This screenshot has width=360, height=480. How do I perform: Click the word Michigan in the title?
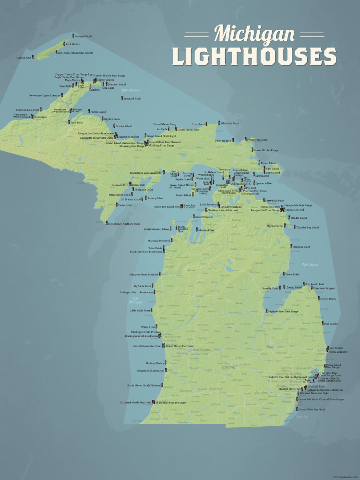[x=254, y=34]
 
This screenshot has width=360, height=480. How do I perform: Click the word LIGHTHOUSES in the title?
[x=254, y=57]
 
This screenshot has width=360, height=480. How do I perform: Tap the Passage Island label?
[x=83, y=36]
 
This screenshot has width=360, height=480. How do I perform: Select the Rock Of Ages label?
[x=24, y=57]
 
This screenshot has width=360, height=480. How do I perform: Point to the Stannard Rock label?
[x=132, y=98]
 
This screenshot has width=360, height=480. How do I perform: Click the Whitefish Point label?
[x=230, y=123]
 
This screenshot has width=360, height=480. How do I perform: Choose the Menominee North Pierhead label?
[x=124, y=224]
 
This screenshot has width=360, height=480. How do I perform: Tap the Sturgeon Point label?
[x=301, y=247]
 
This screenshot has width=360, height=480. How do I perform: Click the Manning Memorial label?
[x=159, y=240]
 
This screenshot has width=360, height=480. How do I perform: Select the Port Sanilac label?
[x=331, y=324]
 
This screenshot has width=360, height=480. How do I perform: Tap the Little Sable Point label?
[x=140, y=311]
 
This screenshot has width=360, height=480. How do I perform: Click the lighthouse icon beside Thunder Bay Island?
[x=293, y=227]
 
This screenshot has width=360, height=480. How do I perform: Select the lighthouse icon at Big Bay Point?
[x=102, y=119]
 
